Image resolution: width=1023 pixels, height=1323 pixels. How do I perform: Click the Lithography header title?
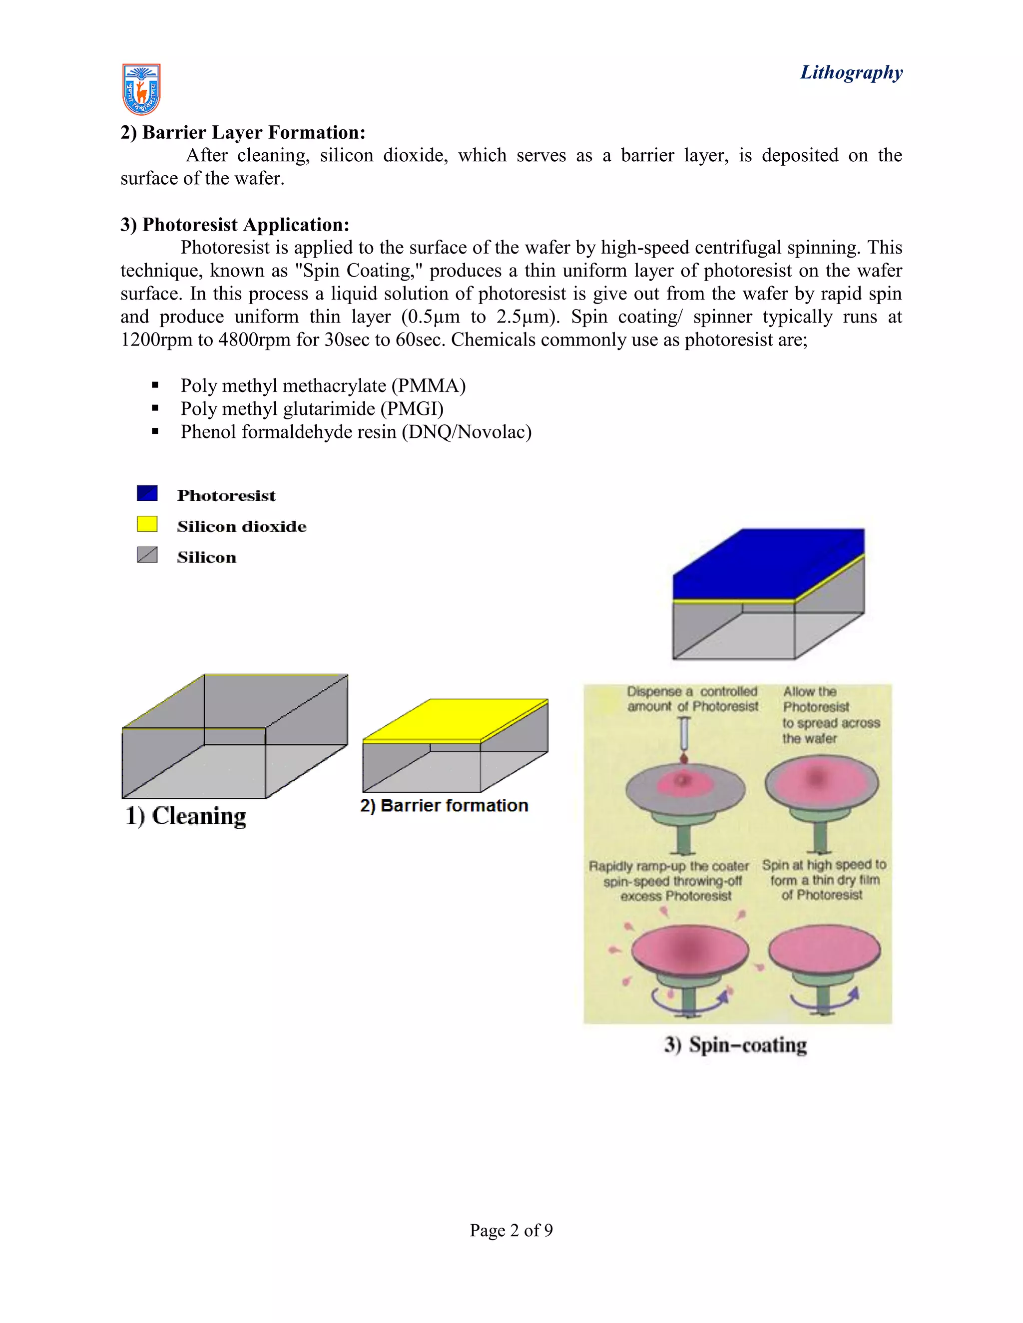click(851, 73)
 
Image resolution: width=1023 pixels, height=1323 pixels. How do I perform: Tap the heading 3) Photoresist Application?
click(235, 225)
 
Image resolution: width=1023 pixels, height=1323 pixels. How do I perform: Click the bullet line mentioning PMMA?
click(322, 386)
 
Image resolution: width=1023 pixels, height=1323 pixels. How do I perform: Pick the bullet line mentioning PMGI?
click(312, 409)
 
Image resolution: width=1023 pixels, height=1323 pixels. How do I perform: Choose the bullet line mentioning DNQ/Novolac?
click(356, 432)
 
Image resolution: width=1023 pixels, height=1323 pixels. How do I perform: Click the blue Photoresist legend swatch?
click(147, 493)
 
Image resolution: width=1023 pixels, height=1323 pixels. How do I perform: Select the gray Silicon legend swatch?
click(147, 555)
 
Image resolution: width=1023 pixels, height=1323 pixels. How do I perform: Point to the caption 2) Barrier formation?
click(444, 806)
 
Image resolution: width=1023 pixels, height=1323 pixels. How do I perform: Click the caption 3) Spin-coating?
click(736, 1045)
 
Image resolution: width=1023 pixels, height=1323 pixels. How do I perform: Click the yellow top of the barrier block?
click(455, 719)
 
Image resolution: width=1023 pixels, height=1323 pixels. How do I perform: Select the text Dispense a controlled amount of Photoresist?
click(693, 699)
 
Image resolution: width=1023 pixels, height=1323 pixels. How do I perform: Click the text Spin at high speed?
click(824, 865)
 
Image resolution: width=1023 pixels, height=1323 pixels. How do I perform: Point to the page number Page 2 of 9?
click(511, 1230)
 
